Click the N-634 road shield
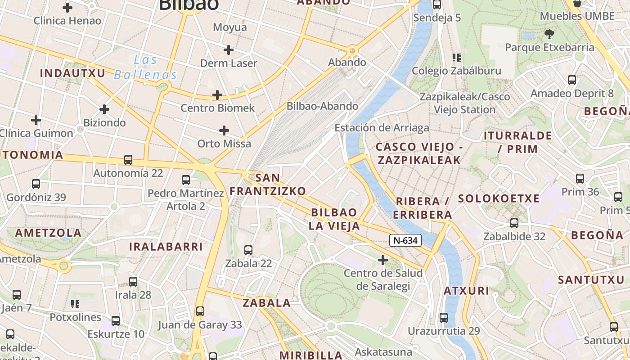[405, 241]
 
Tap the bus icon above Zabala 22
[248, 250]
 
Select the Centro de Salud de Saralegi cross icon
[383, 260]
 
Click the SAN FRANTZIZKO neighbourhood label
[268, 184]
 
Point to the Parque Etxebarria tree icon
[549, 34]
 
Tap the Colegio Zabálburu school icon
[457, 58]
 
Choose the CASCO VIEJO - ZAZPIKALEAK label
[419, 153]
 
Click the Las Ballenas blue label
[145, 67]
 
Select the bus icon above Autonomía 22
[128, 160]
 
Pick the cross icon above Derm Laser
[229, 50]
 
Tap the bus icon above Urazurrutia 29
[444, 318]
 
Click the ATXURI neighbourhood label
[466, 291]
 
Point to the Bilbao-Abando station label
[322, 106]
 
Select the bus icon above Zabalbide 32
[514, 223]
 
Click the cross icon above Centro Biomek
[217, 95]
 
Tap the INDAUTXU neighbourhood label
[72, 73]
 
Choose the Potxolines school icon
[75, 304]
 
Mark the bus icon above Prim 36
[580, 179]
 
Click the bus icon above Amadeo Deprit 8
[572, 81]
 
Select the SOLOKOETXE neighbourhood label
[499, 198]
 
